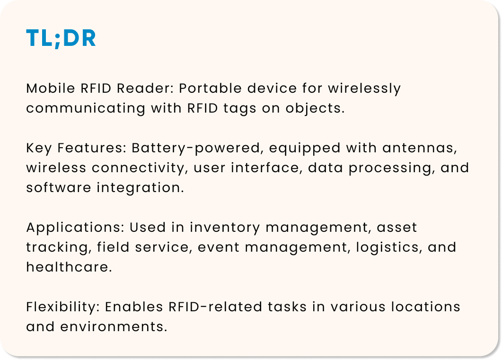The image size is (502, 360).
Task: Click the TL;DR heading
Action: [x=61, y=39]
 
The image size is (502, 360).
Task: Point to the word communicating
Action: [x=86, y=108]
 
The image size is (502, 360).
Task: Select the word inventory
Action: [x=225, y=228]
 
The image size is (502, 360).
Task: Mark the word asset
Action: [x=397, y=228]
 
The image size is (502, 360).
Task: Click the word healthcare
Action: [x=69, y=267]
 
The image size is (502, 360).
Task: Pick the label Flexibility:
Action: [x=62, y=307]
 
